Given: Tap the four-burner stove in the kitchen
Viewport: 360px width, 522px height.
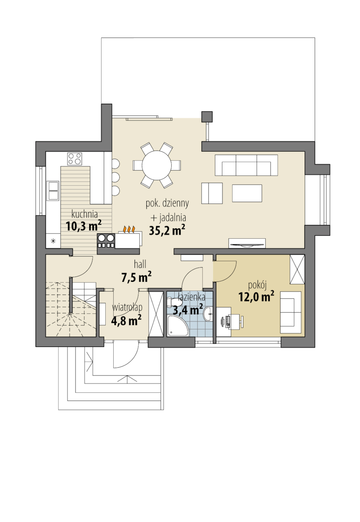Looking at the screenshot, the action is tap(75, 159).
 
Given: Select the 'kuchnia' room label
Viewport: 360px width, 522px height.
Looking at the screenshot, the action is tap(84, 214).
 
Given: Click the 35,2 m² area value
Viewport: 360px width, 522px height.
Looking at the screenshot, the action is tap(167, 230).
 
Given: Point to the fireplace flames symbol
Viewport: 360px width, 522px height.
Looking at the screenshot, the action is tap(129, 229).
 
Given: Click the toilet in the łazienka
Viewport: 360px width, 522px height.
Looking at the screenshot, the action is tap(174, 302).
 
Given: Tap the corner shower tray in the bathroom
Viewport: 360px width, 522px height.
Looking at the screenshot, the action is tap(177, 326).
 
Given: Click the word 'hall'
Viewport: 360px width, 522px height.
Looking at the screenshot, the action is tap(140, 264).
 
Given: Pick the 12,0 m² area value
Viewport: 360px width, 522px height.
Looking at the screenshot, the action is tap(256, 296).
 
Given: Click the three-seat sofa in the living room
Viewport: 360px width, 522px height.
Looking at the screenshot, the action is tap(246, 165).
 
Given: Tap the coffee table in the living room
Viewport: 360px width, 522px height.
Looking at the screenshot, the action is tap(247, 193).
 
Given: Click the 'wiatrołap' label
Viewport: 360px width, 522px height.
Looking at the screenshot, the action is tap(127, 307).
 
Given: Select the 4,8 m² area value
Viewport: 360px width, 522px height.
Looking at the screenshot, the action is tap(126, 320).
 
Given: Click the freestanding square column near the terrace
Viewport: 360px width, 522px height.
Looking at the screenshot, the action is tap(207, 117).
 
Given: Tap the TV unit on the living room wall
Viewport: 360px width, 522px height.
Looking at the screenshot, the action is tap(247, 243).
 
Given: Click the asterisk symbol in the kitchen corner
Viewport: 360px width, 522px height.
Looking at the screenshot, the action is tap(53, 241).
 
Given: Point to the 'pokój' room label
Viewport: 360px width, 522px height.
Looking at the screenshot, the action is tap(257, 285).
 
